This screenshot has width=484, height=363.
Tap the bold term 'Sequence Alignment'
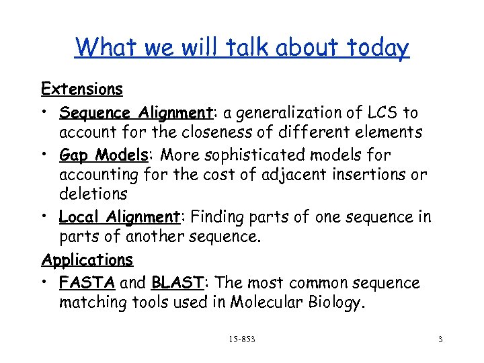point(118,113)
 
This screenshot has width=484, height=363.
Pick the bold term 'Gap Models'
point(103,155)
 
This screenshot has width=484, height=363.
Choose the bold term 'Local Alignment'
point(118,217)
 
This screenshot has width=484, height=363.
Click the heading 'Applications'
point(87,259)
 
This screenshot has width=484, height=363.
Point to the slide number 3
point(440,339)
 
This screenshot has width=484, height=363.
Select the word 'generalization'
point(277,113)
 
